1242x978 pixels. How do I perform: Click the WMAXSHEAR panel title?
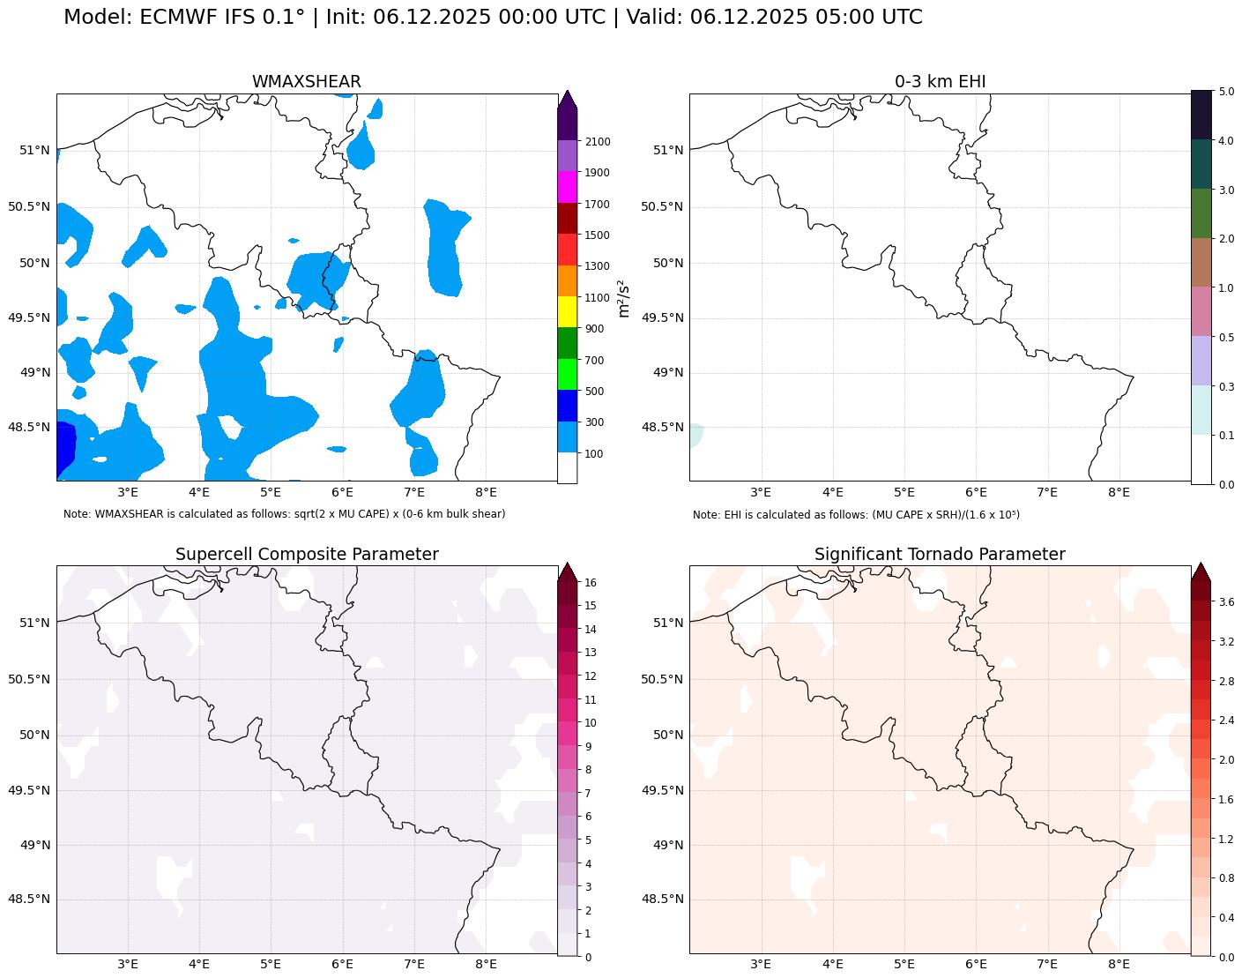coord(306,82)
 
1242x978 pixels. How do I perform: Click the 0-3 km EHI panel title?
coord(940,82)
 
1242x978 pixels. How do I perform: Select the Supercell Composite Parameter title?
coord(307,555)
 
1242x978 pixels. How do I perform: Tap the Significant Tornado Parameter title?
coord(940,555)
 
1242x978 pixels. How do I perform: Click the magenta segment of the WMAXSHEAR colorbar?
coord(567,187)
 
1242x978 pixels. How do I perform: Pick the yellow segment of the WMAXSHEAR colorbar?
coord(567,312)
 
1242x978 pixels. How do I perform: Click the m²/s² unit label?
coord(624,298)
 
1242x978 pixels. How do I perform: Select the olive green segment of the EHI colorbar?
coord(1201,213)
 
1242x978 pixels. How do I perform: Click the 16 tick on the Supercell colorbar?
coord(591,583)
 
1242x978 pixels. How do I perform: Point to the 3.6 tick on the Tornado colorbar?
coord(1226,602)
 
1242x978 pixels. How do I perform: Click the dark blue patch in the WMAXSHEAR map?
coord(64,450)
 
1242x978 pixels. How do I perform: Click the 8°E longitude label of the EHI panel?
coord(1119,492)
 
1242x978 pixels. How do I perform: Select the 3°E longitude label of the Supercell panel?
coord(128,964)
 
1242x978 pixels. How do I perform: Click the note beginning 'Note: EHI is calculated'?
coord(856,515)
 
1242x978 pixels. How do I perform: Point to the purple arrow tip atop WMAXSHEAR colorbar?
coord(567,99)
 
